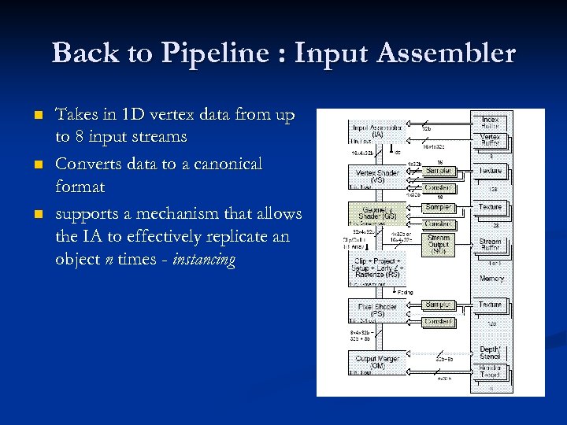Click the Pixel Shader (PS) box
(x=377, y=310)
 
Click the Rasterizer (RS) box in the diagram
(x=377, y=269)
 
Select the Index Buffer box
(x=491, y=122)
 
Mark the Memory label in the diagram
(x=491, y=279)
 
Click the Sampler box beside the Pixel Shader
(x=438, y=305)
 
